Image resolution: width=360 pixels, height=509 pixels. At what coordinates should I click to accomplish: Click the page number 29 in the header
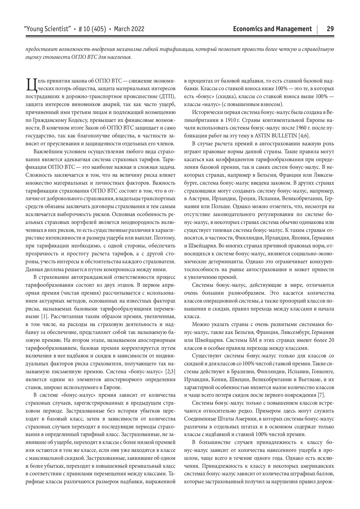point(330,29)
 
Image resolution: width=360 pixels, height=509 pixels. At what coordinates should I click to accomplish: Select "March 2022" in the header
point(129,29)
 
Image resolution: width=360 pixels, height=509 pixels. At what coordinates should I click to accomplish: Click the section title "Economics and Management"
point(273,29)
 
